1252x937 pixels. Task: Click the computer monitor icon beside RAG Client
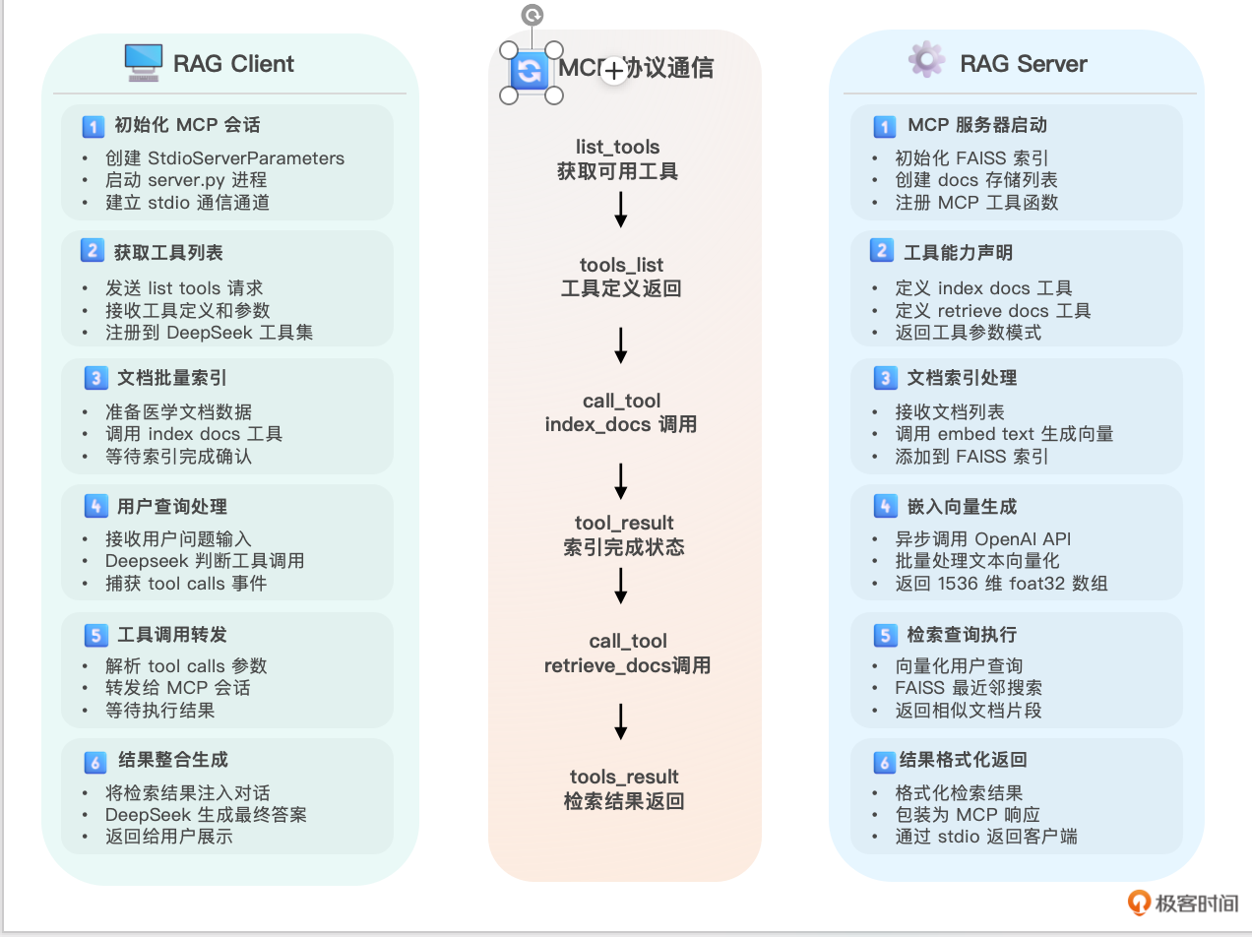tap(143, 63)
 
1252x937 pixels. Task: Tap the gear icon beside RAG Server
tap(926, 60)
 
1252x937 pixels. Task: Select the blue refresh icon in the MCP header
tap(530, 71)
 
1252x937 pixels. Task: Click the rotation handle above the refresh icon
tap(532, 15)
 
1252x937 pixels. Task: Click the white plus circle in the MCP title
tap(614, 70)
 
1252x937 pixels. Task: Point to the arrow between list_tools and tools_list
tap(621, 210)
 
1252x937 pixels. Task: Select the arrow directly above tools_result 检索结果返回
tap(621, 720)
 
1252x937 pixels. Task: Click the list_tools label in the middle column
tap(617, 148)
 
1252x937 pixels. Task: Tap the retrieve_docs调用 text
tap(627, 665)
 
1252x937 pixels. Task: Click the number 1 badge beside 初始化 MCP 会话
tap(93, 126)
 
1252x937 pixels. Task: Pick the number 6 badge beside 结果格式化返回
tap(884, 761)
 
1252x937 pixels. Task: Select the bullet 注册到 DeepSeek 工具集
tap(209, 332)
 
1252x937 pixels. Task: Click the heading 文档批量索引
tap(171, 378)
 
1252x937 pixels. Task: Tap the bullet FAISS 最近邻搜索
tap(968, 687)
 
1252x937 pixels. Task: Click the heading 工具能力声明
tap(958, 252)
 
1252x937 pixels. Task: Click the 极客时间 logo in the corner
tap(1183, 903)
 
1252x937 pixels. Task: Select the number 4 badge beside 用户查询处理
tap(94, 507)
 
